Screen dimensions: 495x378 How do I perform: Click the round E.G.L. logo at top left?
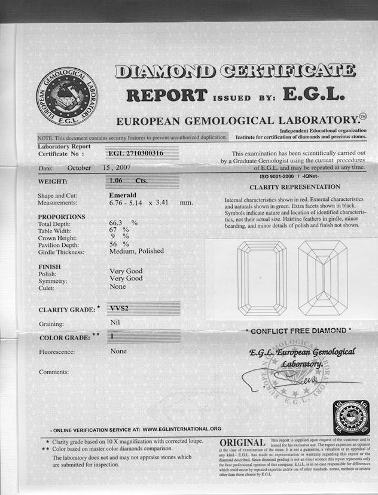pos(67,96)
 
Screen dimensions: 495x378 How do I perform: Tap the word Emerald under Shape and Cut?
pos(124,195)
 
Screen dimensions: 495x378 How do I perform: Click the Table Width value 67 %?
pos(119,230)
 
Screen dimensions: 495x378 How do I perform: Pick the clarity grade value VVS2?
pos(120,309)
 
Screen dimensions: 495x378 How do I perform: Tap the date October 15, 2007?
pos(96,169)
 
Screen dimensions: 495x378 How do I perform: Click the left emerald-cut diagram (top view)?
pos(262,278)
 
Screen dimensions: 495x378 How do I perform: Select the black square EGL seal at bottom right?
pos(351,418)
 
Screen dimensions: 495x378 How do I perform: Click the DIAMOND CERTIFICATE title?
pos(234,71)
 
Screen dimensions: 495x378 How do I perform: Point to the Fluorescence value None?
pos(118,352)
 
